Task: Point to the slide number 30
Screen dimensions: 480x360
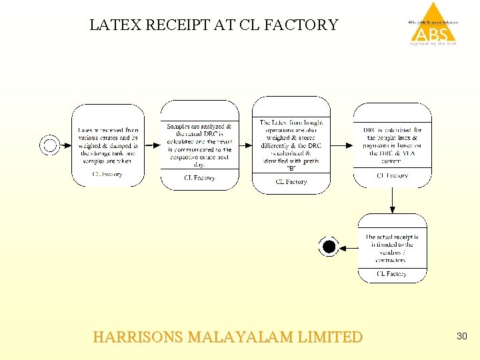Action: (x=461, y=337)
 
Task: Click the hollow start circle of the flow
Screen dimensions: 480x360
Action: (x=49, y=145)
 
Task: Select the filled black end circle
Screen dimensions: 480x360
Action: (x=328, y=247)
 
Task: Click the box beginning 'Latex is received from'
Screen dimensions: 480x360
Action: (x=107, y=144)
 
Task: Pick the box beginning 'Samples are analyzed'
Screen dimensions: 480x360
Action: (x=199, y=144)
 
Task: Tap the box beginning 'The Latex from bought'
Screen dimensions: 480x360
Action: (x=291, y=143)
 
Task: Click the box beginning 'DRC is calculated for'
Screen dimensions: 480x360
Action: (x=391, y=143)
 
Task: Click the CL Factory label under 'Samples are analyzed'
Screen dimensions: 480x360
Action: (x=199, y=178)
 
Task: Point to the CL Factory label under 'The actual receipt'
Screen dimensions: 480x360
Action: (x=391, y=273)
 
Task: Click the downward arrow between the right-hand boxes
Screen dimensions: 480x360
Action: (x=392, y=199)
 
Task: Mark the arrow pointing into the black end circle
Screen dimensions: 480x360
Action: (x=348, y=247)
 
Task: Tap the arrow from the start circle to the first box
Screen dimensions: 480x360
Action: (x=65, y=145)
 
